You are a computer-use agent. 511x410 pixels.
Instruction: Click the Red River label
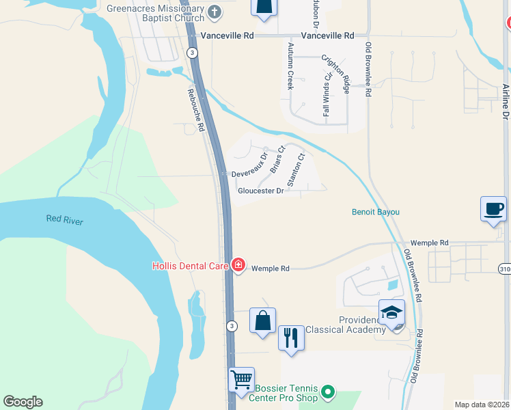point(64,219)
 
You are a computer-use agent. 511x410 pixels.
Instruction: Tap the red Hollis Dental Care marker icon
point(238,264)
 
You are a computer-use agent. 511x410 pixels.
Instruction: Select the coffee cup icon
point(494,208)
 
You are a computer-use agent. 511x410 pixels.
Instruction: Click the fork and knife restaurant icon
point(291,338)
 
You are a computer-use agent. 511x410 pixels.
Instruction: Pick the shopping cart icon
point(241,380)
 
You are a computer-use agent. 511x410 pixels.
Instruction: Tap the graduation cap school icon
point(392,312)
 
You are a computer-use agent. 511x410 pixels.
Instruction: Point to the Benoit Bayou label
point(375,212)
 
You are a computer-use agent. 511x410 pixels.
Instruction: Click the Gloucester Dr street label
point(260,191)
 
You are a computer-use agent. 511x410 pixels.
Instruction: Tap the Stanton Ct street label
point(296,170)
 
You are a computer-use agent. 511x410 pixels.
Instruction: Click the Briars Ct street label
point(277,159)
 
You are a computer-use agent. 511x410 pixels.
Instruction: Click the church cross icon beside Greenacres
point(215,12)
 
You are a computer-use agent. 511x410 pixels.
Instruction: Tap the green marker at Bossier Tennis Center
point(329,392)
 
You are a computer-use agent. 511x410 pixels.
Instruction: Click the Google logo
point(23,402)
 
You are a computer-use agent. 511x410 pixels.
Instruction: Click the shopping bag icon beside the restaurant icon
point(262,320)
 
